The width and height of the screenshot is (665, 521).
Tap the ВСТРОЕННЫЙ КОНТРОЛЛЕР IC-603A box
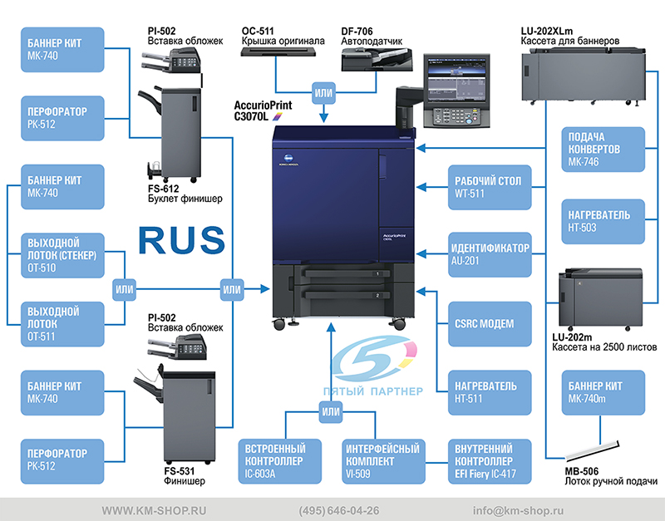point(283,461)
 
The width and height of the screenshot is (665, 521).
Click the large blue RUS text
point(181,238)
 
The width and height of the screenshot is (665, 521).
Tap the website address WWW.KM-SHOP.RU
point(155,510)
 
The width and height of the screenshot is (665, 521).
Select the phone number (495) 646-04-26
point(339,510)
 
